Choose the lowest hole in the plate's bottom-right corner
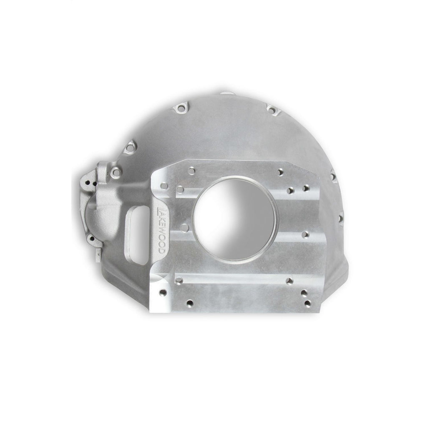coord(308,303)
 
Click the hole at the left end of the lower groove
coord(179,280)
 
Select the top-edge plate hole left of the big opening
coord(191,170)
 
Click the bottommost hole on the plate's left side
coord(190,303)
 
